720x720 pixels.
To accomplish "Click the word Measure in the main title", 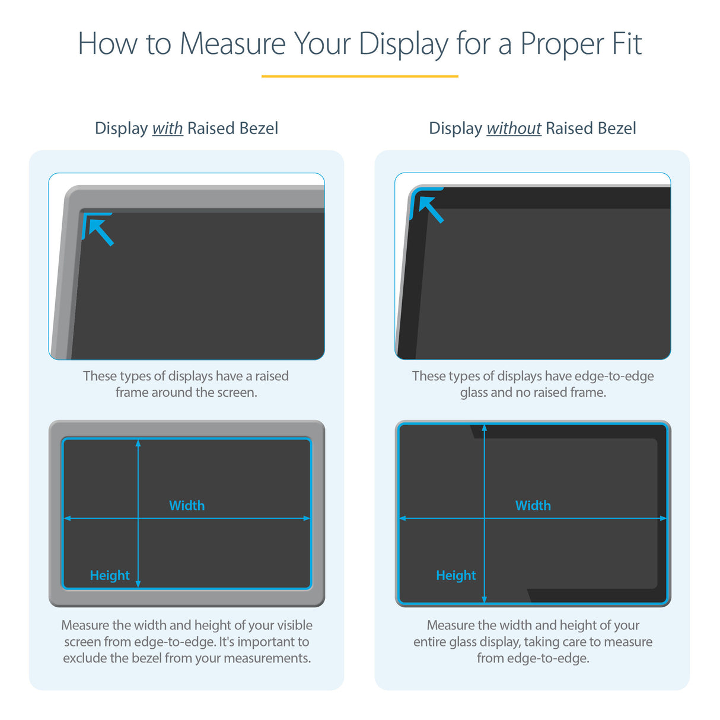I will pos(232,44).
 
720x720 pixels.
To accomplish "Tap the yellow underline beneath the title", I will pos(359,77).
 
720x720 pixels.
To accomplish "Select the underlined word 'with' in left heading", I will pos(167,129).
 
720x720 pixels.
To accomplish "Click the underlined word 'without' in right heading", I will pos(514,129).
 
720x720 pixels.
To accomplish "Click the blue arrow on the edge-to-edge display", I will pos(430,208).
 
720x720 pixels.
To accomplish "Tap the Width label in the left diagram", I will pos(187,505).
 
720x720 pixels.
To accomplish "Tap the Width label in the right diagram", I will pos(533,505).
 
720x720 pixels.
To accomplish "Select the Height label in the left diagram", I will pos(110,575).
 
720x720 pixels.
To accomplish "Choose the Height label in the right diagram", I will pos(455,575).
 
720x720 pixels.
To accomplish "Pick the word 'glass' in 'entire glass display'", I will pos(463,642).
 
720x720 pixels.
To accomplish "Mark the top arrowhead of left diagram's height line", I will pos(138,443).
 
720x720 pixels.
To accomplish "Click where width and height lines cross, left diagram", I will pos(138,518).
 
